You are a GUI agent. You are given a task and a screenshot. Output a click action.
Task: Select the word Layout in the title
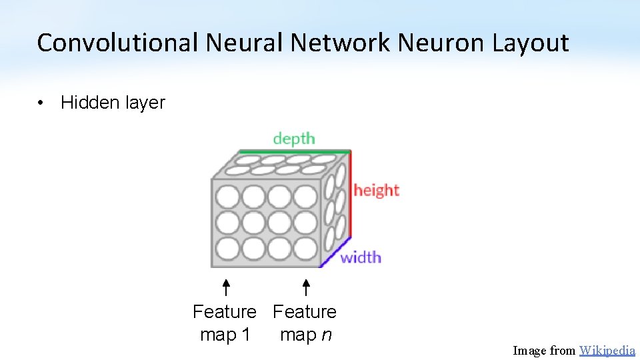(x=530, y=43)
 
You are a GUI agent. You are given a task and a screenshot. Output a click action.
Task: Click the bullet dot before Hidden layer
(x=41, y=103)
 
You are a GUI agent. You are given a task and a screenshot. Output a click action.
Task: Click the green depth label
(x=294, y=139)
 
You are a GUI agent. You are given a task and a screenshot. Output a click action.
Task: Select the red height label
(x=376, y=190)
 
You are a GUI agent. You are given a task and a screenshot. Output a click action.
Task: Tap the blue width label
(x=361, y=257)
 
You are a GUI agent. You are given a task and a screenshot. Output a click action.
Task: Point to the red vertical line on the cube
(x=351, y=193)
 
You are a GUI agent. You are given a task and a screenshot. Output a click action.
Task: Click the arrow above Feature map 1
(x=226, y=287)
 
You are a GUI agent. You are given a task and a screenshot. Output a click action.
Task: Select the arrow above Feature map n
(x=305, y=287)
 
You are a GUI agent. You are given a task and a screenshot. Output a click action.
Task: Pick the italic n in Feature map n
(x=325, y=335)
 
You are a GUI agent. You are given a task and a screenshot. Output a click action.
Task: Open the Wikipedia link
(x=607, y=351)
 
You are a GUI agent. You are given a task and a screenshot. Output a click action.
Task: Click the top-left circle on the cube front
(x=228, y=197)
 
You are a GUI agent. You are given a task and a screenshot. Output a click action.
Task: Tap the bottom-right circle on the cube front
(x=305, y=249)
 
